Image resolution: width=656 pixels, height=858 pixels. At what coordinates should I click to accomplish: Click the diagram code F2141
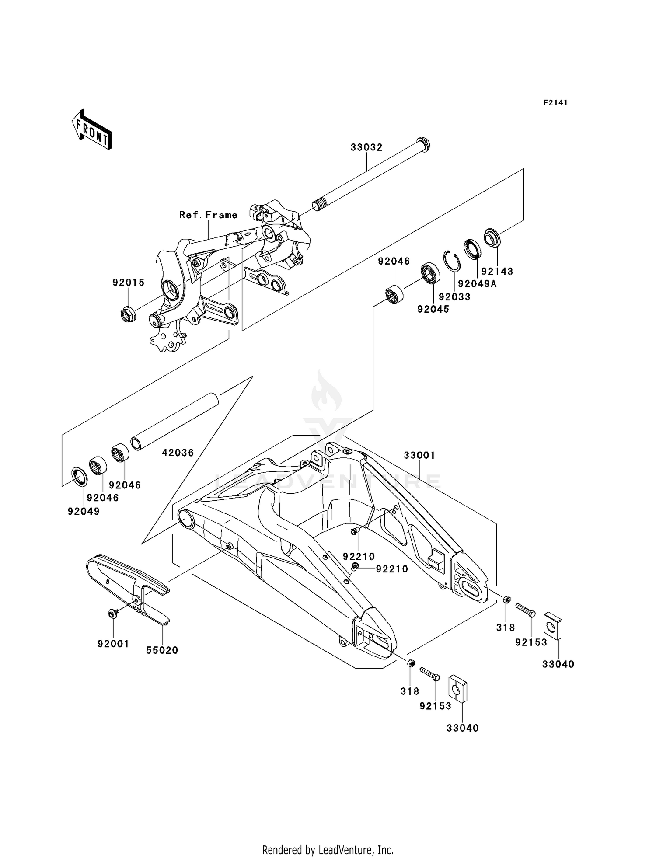(x=555, y=103)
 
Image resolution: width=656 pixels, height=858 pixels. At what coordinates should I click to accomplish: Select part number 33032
(x=366, y=147)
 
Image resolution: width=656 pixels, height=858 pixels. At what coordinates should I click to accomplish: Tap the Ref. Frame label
(x=208, y=215)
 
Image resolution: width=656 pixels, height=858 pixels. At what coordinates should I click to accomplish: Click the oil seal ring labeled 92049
(x=79, y=477)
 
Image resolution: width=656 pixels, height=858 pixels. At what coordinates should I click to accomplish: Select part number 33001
(x=419, y=455)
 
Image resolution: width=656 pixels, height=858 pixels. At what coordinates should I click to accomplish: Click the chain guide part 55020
(x=131, y=582)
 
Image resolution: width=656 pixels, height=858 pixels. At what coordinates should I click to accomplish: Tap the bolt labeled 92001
(x=112, y=614)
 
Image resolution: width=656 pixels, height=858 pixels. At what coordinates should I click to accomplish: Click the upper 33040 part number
(x=558, y=664)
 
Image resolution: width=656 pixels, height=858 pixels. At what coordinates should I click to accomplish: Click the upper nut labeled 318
(x=506, y=599)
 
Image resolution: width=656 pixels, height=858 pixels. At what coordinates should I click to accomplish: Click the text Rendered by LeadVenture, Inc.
(x=328, y=850)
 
